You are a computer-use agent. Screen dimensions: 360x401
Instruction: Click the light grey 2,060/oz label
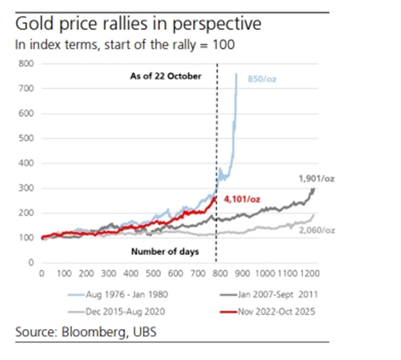(x=316, y=230)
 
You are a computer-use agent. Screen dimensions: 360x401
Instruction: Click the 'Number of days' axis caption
(x=165, y=252)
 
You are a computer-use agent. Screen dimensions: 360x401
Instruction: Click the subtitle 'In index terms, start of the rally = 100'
(x=125, y=45)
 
